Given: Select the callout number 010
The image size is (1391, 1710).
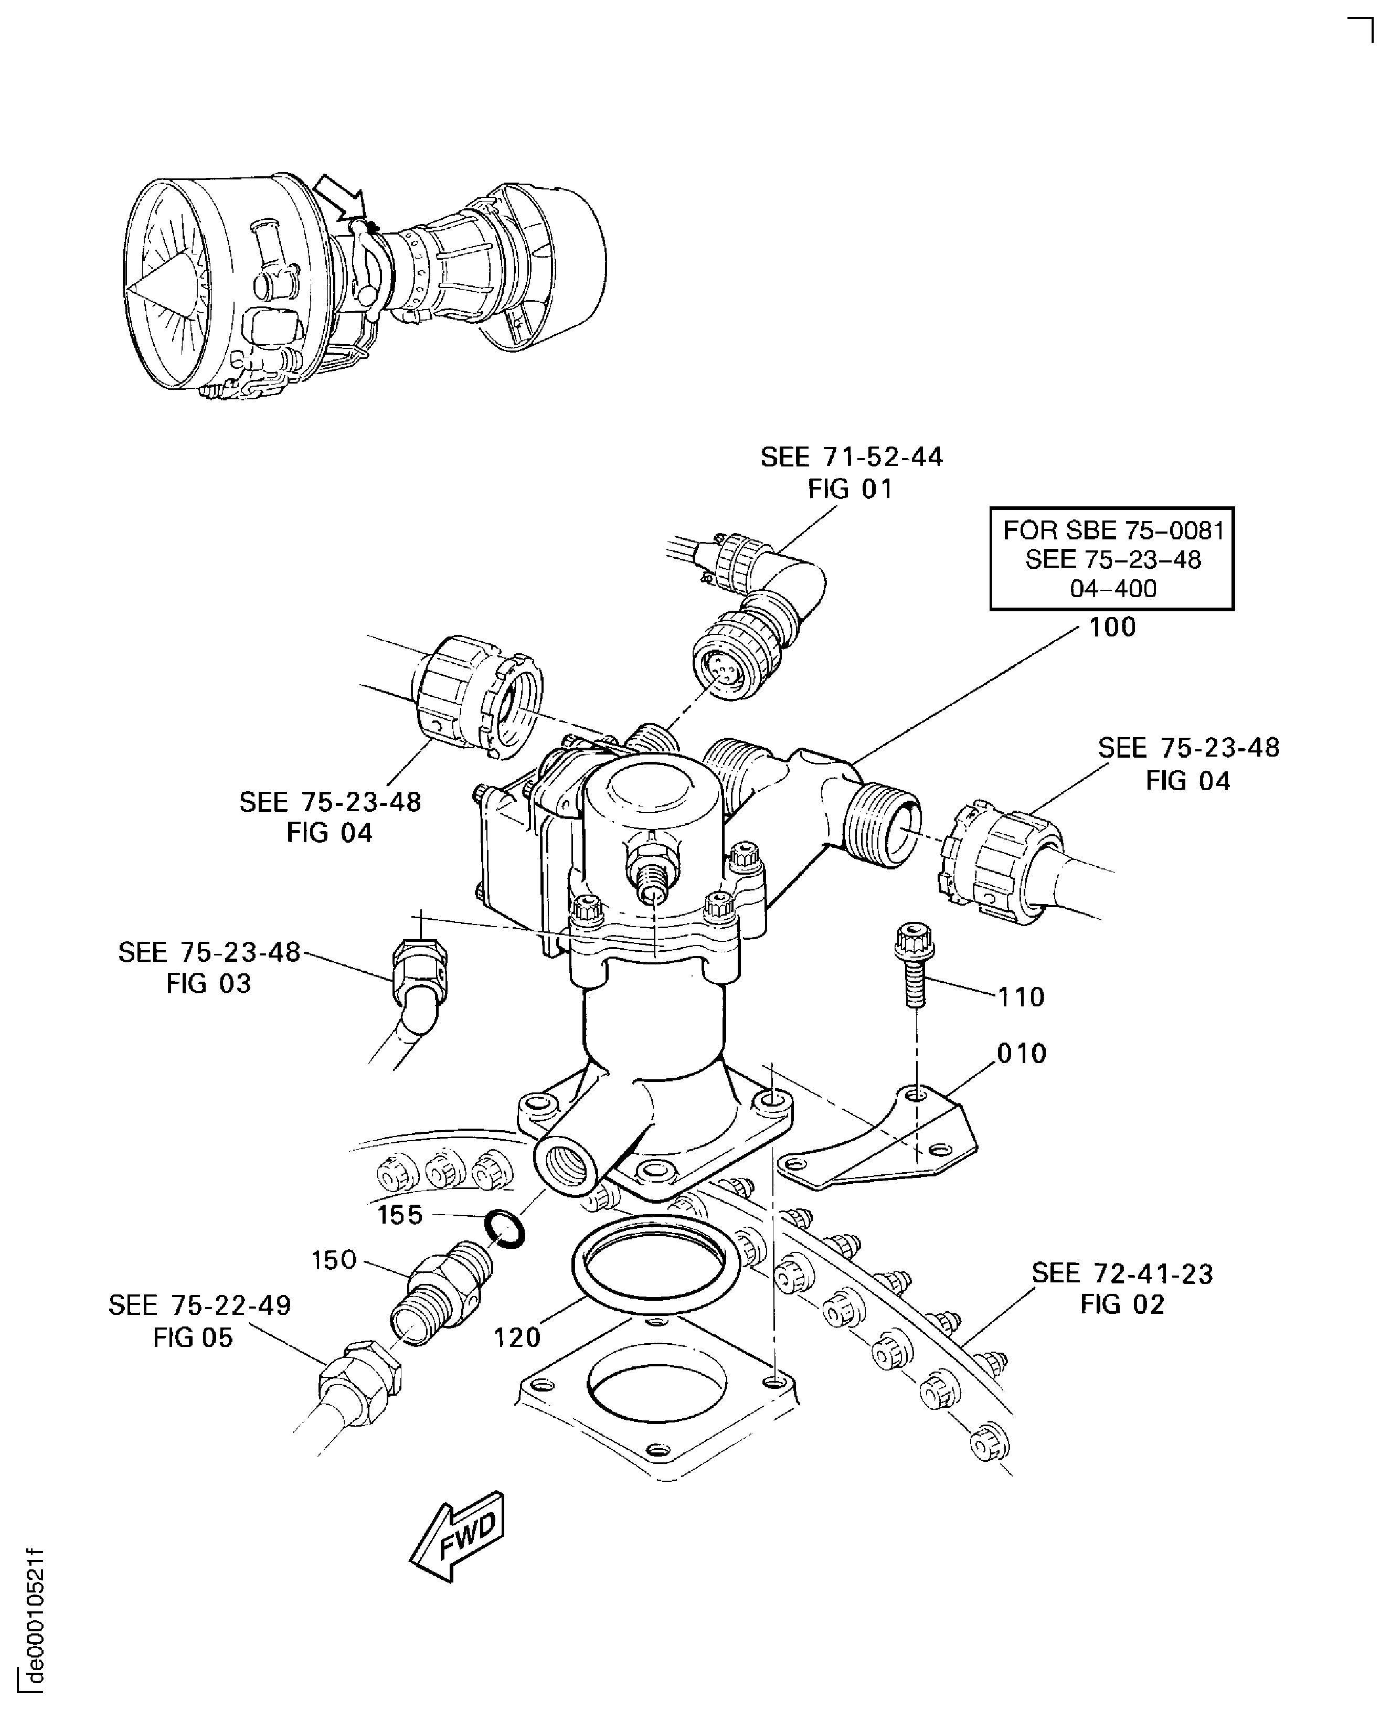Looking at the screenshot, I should click(1022, 1053).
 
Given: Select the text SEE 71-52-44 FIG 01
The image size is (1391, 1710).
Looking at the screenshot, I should click(851, 473).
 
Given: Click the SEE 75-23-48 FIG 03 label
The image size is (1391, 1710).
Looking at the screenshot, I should click(208, 967).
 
